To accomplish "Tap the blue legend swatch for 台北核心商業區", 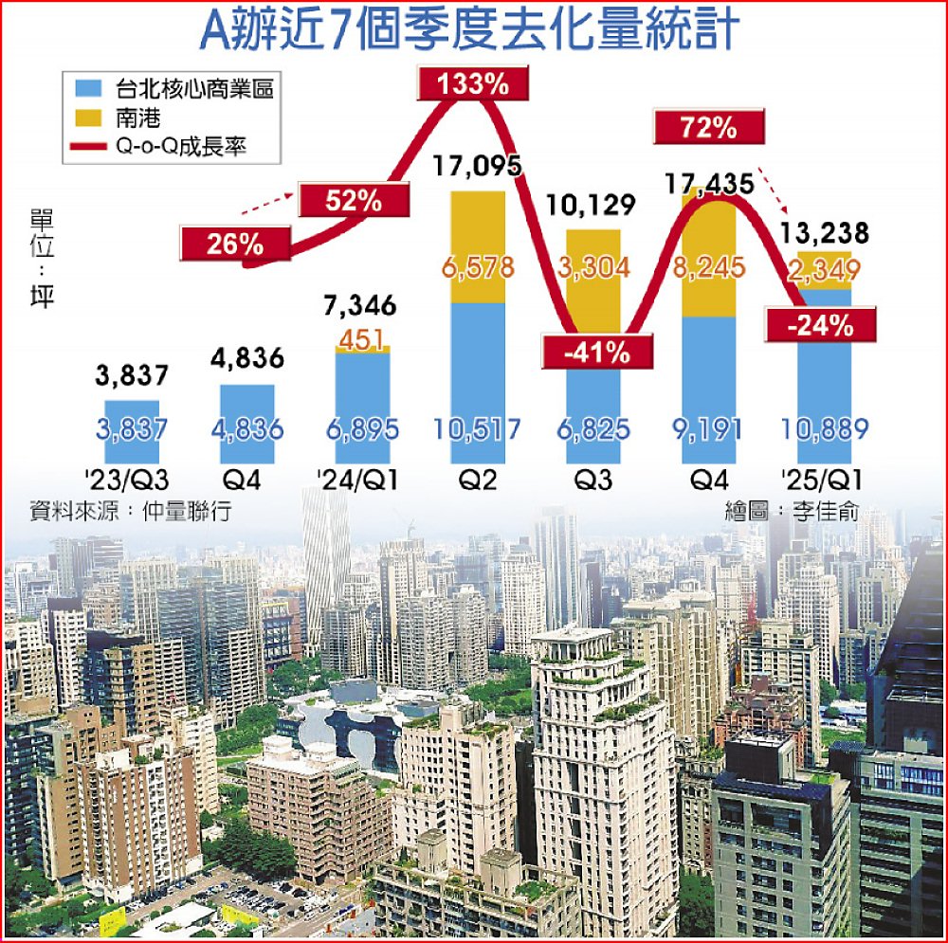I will point(87,90).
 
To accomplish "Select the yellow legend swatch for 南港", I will point(87,118).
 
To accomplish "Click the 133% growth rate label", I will point(475,84).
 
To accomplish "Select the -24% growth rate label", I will point(821,326).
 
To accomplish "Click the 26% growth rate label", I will point(232,244).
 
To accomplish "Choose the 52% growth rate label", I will point(355,201).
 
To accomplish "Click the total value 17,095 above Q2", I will point(477,168).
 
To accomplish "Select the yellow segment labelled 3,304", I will point(593,266).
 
